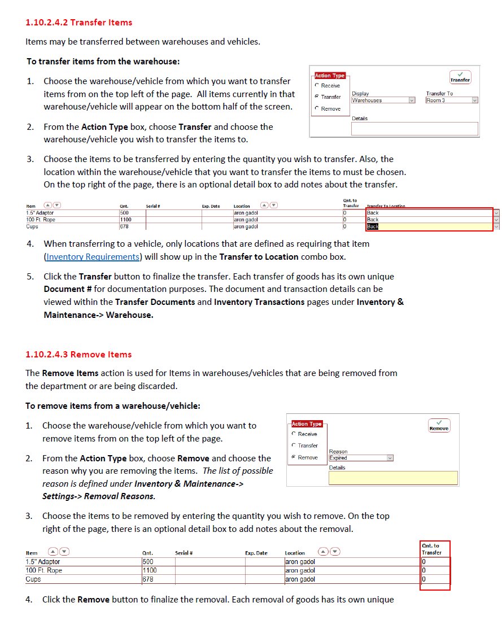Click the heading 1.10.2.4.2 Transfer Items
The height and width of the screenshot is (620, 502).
(x=79, y=23)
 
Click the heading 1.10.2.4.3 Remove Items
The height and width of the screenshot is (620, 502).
(x=78, y=355)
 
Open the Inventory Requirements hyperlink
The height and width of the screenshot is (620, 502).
(x=93, y=257)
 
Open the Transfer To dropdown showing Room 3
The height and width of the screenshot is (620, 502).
(x=452, y=101)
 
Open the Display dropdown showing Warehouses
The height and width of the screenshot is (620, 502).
(x=383, y=101)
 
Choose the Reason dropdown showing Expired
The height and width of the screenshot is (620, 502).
(x=361, y=458)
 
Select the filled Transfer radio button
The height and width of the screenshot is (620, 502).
(x=317, y=97)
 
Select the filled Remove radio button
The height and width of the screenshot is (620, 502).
(x=294, y=457)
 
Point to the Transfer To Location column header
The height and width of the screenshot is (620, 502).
(x=386, y=206)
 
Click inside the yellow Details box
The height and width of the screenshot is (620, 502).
(x=393, y=478)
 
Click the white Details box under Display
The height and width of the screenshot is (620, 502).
(x=414, y=129)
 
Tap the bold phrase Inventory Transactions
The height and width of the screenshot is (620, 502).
(x=259, y=302)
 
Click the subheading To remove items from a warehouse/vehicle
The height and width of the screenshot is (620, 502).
(x=112, y=406)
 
